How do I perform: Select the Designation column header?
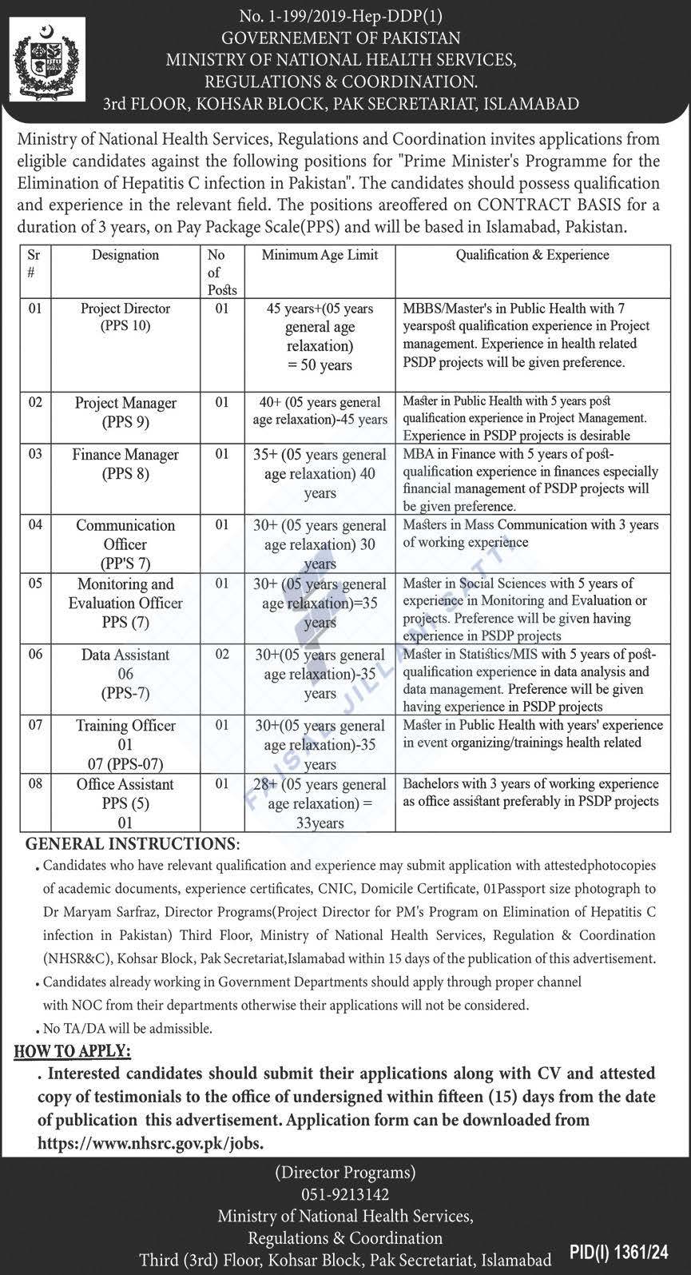[125, 255]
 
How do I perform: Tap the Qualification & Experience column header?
[532, 255]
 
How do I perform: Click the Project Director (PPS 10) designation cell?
[125, 317]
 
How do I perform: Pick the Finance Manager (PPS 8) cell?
[125, 464]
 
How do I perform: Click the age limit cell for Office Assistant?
[320, 803]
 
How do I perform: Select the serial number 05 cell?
[35, 584]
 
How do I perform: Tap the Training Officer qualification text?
[532, 734]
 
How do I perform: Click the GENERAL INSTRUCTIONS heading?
[132, 844]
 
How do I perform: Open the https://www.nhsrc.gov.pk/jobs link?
[150, 1144]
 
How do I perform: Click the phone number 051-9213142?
[345, 1195]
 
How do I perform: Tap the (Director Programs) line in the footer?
[345, 1173]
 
